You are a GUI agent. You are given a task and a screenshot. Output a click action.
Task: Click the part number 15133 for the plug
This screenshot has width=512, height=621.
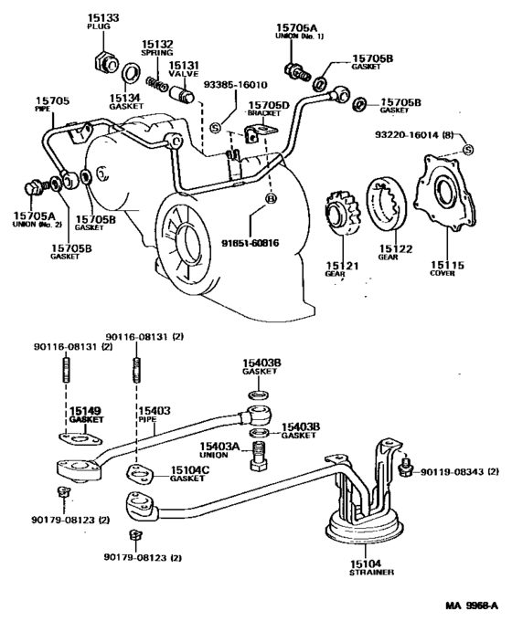click(x=98, y=17)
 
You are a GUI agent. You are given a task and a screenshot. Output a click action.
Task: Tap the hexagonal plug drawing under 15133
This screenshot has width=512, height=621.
click(x=102, y=63)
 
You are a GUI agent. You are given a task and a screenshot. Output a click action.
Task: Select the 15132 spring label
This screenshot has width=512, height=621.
click(x=156, y=43)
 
